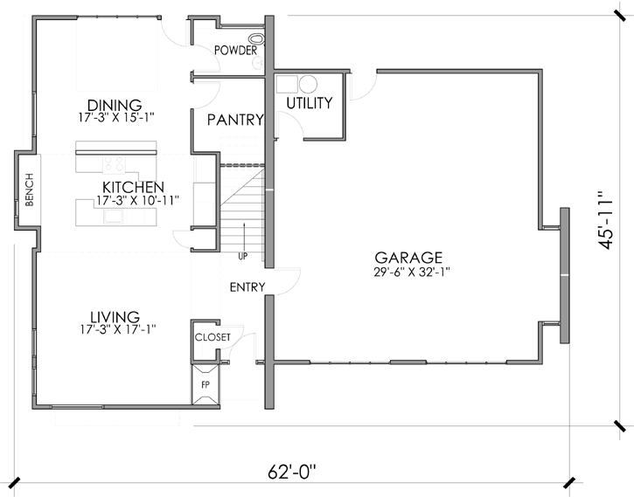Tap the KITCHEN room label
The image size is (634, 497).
tap(133, 187)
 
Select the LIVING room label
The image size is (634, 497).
tap(115, 316)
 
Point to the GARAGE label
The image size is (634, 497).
tap(408, 258)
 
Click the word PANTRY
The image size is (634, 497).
tap(234, 121)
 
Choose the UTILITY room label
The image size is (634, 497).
tap(310, 103)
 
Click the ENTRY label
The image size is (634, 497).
tap(247, 287)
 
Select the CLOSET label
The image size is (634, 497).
tap(212, 337)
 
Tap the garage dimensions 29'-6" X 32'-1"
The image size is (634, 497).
tap(408, 272)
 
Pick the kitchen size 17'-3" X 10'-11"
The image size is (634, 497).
tap(133, 200)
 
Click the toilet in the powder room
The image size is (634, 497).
tap(255, 39)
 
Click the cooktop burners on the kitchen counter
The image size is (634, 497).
tap(115, 163)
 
